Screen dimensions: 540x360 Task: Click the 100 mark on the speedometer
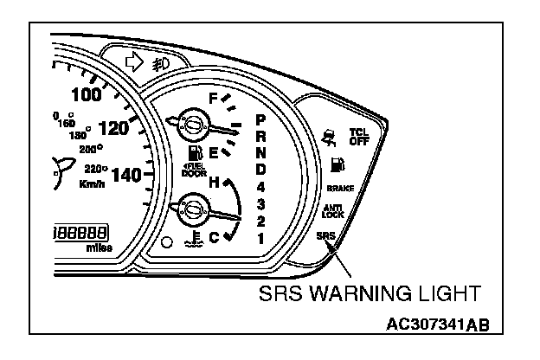[x=86, y=94]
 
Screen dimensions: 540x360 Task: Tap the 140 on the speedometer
[x=128, y=175]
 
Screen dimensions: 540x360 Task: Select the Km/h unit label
[x=92, y=184]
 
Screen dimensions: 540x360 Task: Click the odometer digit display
[x=81, y=233]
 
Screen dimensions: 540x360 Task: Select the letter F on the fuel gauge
[x=213, y=98]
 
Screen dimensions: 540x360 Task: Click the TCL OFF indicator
[x=357, y=137]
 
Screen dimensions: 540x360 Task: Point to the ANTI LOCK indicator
[x=333, y=211]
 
